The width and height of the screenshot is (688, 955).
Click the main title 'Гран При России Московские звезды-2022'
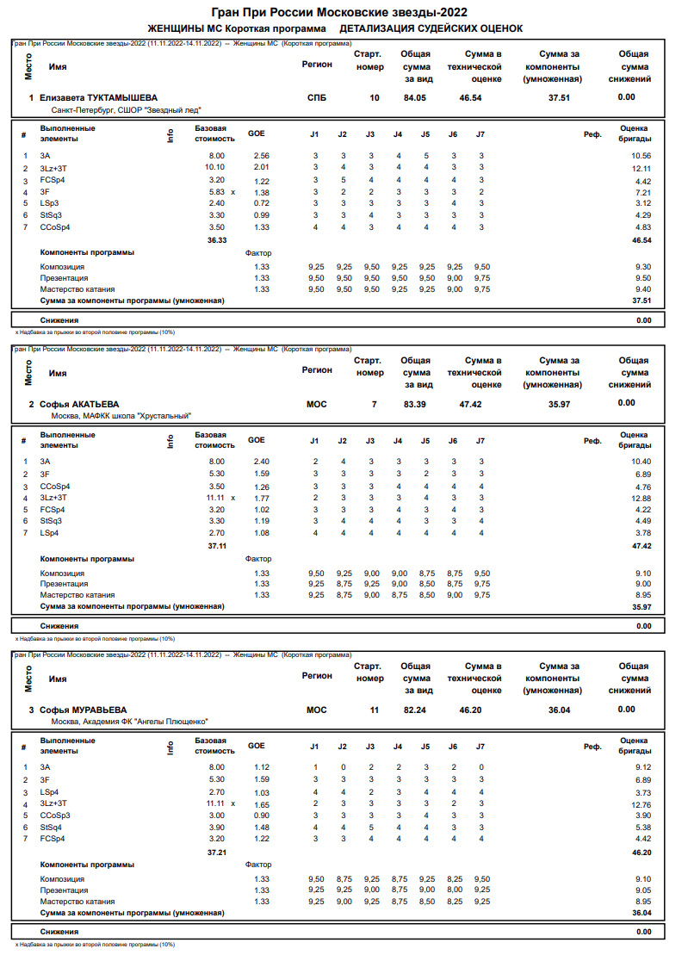click(x=339, y=12)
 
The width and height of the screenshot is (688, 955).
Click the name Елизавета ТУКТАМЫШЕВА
click(x=98, y=98)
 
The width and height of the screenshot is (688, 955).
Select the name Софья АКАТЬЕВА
click(x=79, y=404)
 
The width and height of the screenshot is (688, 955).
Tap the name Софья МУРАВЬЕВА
click(x=83, y=710)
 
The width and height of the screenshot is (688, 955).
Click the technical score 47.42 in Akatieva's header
click(x=471, y=404)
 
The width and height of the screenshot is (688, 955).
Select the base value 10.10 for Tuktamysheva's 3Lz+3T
click(x=214, y=167)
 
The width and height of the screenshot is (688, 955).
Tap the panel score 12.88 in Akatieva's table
click(x=641, y=498)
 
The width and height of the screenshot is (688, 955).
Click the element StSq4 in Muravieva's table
click(x=52, y=827)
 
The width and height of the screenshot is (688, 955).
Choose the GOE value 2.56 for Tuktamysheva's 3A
click(x=262, y=155)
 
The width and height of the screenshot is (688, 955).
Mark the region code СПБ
click(x=317, y=98)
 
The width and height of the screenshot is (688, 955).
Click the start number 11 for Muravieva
click(x=375, y=710)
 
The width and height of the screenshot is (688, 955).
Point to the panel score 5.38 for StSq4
click(x=642, y=827)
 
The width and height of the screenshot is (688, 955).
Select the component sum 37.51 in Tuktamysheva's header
click(x=559, y=98)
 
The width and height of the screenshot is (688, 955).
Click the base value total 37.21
click(x=217, y=852)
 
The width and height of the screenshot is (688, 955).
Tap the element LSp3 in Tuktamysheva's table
click(x=50, y=203)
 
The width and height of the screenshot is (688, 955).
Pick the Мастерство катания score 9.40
click(x=642, y=290)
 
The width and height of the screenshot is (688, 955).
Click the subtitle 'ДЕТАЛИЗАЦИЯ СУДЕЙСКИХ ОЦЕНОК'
click(x=431, y=28)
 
